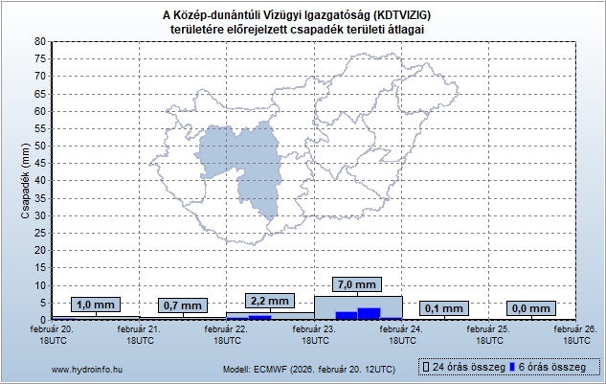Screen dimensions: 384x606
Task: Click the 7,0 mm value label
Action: point(357,284)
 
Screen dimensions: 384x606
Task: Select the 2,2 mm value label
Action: point(269,300)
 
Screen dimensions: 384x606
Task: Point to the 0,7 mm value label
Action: point(182,305)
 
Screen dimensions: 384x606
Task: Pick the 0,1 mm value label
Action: point(444,307)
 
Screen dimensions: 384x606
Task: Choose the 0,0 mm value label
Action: point(532,308)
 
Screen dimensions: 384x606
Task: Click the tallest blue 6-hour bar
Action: point(369,312)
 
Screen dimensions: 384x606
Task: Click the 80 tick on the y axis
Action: point(39,41)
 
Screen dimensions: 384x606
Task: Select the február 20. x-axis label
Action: point(52,334)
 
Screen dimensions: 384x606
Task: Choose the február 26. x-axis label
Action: point(576,334)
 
